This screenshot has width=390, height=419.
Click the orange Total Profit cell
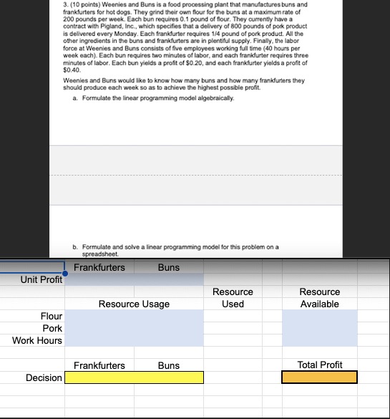pos(319,377)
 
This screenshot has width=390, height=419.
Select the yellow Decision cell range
pos(135,377)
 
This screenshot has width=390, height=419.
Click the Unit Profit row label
pos(41,279)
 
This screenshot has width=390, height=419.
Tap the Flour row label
pos(52,316)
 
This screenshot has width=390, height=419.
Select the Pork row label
pos(52,328)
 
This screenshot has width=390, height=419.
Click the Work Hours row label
pos(37,340)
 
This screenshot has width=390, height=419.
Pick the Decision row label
pos(44,377)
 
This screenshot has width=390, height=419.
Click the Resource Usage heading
pos(135,304)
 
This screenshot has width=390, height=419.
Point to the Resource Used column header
pos(233,298)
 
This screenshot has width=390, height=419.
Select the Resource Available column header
pos(319,298)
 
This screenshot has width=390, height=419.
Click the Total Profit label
pos(319,365)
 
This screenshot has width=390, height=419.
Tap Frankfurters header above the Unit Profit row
pos(99,267)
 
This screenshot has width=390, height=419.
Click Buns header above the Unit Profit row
pos(169,267)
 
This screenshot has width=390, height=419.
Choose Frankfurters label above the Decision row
pos(99,365)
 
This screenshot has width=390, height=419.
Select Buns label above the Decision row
pos(169,365)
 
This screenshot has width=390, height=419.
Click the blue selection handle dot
pos(65,273)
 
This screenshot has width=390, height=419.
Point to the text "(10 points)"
pos(87,4)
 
